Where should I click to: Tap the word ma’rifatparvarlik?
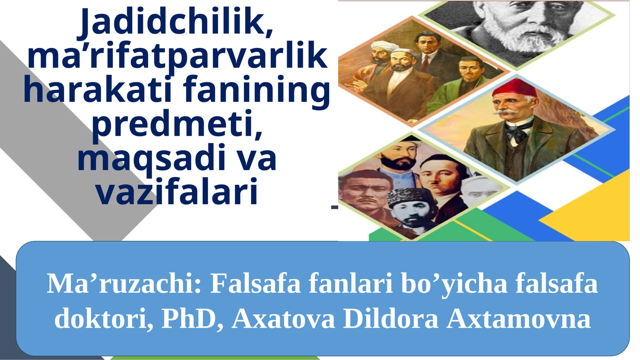(177, 56)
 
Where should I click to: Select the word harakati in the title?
(98, 90)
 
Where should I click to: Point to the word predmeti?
(177, 124)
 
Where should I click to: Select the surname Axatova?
(283, 319)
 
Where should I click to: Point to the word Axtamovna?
(518, 319)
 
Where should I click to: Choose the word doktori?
(103, 319)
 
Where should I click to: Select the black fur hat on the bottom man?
(408, 196)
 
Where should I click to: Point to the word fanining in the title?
(257, 90)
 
